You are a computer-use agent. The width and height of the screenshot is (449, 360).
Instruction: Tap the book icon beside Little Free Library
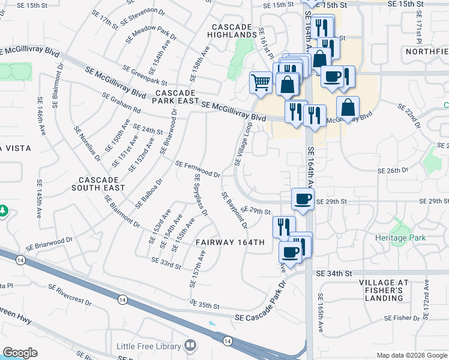(190, 346)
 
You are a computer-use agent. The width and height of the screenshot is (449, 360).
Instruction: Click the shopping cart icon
(261, 82)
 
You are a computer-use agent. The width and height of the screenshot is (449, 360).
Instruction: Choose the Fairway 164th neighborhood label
(230, 242)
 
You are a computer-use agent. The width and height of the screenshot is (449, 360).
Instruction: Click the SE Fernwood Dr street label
(197, 169)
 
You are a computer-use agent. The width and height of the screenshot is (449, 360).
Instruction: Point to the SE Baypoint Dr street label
(234, 210)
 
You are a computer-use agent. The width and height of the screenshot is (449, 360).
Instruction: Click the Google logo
(20, 353)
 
